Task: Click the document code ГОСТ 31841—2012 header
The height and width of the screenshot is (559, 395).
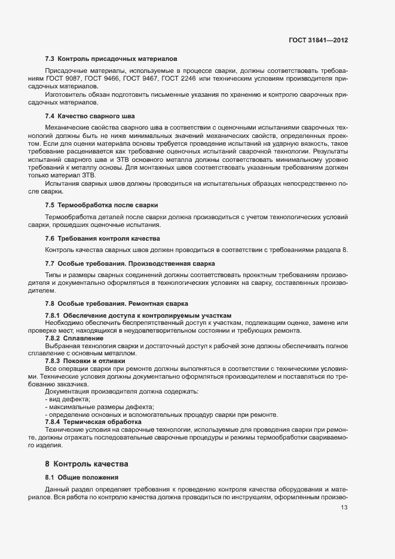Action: [319, 40]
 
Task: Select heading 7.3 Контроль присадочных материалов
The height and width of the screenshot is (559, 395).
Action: [111, 59]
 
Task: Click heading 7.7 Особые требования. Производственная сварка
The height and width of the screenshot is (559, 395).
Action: [130, 263]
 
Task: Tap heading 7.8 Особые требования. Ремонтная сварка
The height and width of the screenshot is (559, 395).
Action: [117, 303]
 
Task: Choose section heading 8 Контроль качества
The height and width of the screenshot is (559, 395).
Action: [86, 463]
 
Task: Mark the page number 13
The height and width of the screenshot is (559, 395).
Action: [344, 508]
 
